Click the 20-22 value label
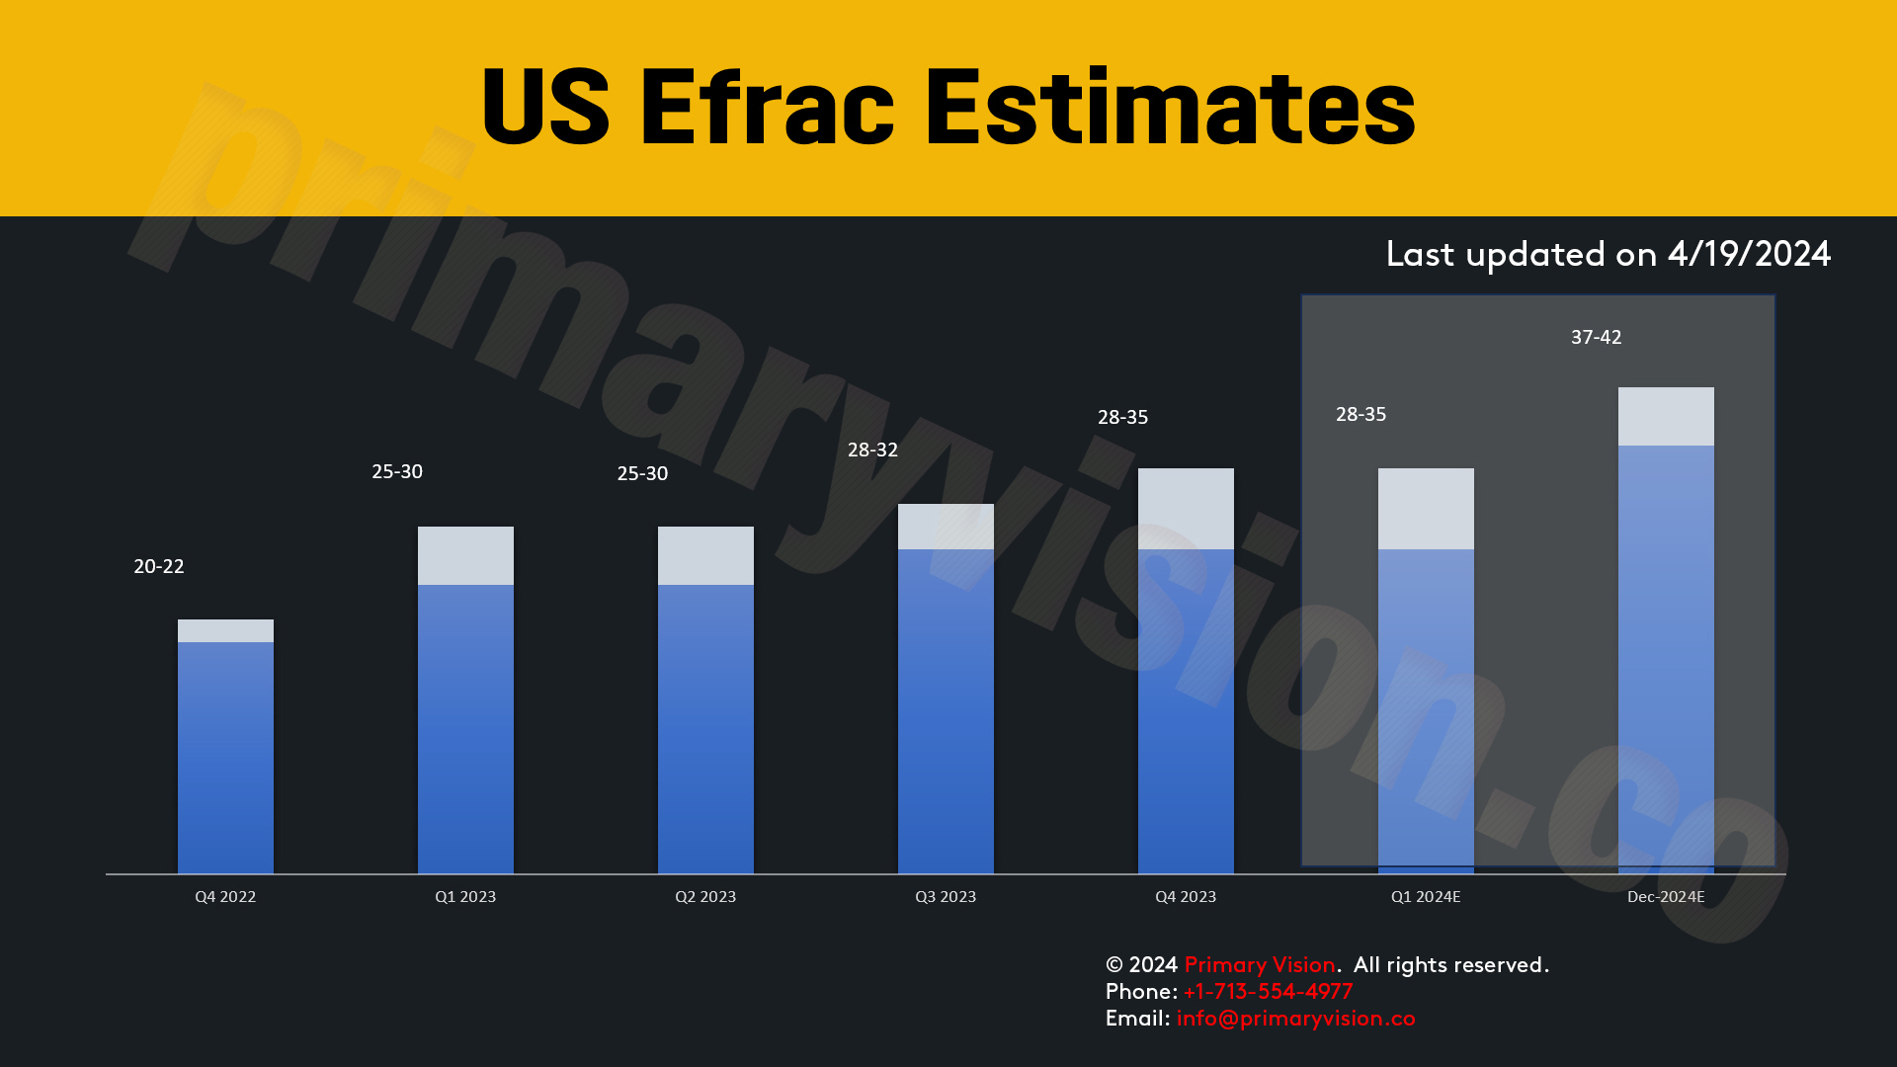click(159, 566)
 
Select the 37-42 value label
click(1597, 337)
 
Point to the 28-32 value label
click(872, 450)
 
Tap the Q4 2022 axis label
click(225, 897)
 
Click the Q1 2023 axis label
click(465, 897)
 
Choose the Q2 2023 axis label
click(705, 897)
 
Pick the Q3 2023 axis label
click(946, 897)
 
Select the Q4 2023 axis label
click(1186, 897)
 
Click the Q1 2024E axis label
click(1426, 897)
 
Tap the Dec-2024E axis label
click(1666, 897)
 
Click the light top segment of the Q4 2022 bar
click(225, 631)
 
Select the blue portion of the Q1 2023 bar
click(465, 729)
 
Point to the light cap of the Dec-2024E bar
click(1666, 417)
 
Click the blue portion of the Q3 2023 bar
click(946, 711)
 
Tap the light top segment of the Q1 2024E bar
click(1426, 509)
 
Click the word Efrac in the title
click(767, 107)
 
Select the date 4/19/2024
click(1749, 255)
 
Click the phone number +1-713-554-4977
click(1268, 992)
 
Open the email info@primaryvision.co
click(1295, 1019)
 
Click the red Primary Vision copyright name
click(1260, 965)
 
